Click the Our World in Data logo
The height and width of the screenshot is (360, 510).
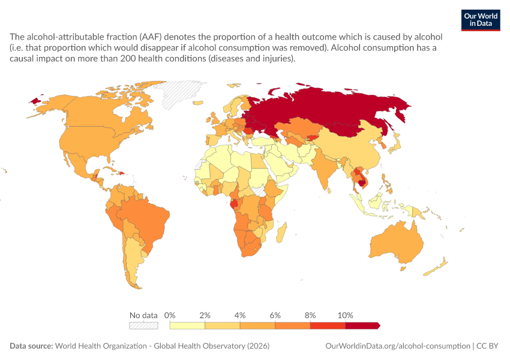point(481,20)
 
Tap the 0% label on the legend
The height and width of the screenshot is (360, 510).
point(169,315)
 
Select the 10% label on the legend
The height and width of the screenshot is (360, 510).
point(345,315)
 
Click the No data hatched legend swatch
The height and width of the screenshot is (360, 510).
point(143,326)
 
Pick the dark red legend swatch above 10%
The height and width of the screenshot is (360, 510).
point(362,326)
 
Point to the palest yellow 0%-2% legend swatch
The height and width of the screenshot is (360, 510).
point(187,326)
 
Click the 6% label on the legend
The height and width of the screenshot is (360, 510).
point(275,315)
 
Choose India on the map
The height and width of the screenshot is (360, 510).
point(325,166)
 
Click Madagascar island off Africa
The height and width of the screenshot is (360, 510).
point(281,232)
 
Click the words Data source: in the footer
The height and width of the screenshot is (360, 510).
point(31,346)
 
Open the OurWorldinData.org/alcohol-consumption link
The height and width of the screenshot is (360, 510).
point(398,346)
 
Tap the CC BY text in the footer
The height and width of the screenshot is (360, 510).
point(487,346)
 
